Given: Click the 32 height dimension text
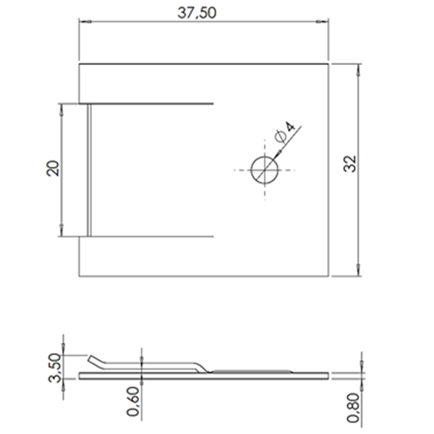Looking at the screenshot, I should [350, 163].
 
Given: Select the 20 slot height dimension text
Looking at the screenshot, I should [51, 169].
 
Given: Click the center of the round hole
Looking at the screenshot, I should [264, 170].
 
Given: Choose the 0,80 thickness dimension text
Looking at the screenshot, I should [353, 407].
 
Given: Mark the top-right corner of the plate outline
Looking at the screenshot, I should [329, 65].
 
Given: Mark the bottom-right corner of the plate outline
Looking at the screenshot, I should [329, 276].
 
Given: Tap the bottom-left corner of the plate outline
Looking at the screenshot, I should [80, 276].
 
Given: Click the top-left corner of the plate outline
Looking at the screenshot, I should [80, 65].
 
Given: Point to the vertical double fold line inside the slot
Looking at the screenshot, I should [89, 170].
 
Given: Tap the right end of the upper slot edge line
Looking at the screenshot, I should [214, 104].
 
